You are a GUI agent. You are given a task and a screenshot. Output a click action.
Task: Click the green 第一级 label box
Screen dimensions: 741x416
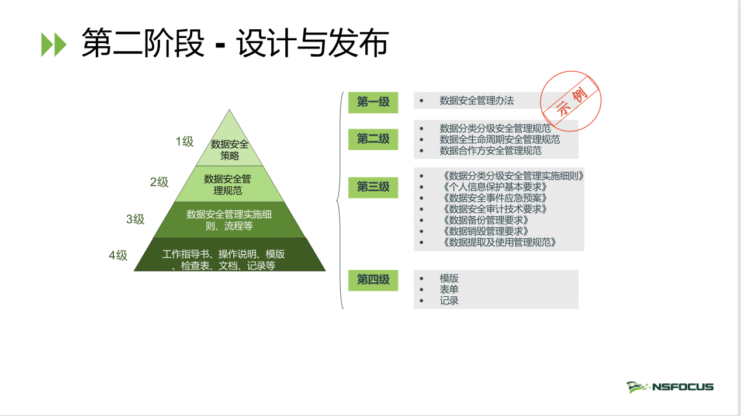(373, 102)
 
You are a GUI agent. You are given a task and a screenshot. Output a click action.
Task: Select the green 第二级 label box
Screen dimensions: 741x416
(373, 139)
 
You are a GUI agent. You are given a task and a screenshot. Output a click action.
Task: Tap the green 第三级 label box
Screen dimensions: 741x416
(373, 188)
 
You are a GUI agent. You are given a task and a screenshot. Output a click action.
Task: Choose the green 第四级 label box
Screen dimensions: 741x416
(373, 280)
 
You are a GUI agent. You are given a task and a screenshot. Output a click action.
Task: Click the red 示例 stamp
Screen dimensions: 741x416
(570, 101)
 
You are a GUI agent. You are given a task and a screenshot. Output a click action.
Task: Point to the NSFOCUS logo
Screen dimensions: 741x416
(670, 387)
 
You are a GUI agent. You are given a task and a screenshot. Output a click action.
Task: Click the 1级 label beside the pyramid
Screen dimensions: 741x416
(185, 141)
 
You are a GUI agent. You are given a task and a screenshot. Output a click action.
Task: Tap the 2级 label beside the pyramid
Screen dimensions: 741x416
(159, 182)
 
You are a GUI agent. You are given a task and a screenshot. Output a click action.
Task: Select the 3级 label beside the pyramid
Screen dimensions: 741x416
(136, 219)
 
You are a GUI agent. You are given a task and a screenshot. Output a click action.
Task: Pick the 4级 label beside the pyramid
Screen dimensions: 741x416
(118, 255)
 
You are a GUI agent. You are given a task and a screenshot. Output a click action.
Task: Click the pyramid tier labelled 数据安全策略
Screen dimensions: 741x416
(230, 145)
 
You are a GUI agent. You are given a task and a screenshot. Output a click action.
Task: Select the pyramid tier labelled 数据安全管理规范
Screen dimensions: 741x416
(229, 184)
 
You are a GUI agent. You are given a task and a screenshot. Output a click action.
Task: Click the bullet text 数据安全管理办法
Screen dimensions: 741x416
(476, 100)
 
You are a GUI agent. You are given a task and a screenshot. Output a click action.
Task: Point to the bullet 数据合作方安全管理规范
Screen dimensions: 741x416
(490, 151)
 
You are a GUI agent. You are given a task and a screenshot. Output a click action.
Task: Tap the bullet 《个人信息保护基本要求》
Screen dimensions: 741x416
(495, 187)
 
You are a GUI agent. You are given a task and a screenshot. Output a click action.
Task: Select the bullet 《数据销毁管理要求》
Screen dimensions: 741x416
(486, 231)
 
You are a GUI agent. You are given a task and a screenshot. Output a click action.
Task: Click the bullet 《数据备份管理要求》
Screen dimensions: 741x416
(486, 220)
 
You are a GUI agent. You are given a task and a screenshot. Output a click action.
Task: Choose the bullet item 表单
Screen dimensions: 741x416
(449, 290)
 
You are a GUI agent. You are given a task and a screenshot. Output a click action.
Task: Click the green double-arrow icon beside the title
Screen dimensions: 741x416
(54, 44)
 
